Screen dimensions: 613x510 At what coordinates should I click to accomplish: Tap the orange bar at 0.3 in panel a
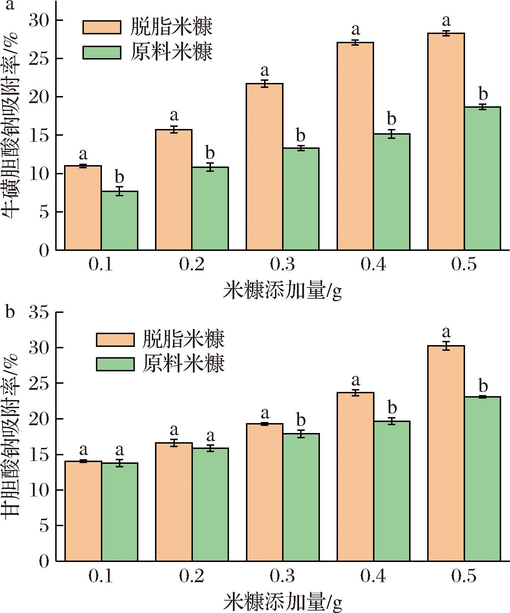click(265, 167)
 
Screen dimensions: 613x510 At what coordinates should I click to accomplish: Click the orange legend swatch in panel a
click(102, 27)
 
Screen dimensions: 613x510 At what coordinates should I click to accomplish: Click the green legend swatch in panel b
click(115, 364)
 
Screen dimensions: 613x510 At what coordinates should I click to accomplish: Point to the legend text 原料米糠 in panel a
click(172, 52)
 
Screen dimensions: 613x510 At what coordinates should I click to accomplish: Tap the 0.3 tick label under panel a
click(282, 265)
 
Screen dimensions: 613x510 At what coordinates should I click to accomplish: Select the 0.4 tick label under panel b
click(373, 577)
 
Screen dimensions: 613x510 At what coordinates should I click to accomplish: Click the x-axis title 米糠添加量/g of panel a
click(282, 292)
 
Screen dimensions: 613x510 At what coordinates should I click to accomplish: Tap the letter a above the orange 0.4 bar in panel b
click(356, 381)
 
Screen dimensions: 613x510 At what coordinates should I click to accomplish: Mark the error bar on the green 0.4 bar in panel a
click(391, 134)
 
